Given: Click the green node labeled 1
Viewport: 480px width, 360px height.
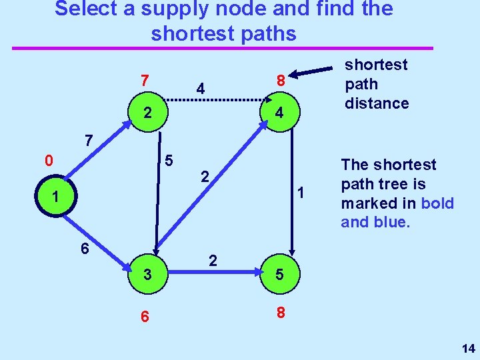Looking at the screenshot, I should click(x=59, y=198).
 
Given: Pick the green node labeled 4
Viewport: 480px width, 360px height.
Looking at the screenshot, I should click(x=281, y=113).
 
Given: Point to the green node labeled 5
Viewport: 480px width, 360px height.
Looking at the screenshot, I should click(x=281, y=273).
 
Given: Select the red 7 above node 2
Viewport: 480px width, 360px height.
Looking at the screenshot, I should click(x=144, y=81).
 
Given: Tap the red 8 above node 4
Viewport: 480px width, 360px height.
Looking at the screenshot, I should click(x=281, y=81).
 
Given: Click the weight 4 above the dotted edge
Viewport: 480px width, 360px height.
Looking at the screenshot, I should click(x=200, y=89).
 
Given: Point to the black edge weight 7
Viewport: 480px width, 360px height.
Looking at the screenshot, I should click(x=88, y=141).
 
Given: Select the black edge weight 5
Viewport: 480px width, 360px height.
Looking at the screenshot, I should click(x=169, y=161).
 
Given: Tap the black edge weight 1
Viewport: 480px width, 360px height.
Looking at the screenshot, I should click(x=301, y=193).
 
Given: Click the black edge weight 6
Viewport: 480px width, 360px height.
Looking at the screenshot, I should click(x=85, y=247).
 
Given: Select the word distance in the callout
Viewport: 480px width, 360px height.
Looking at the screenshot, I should click(x=376, y=103).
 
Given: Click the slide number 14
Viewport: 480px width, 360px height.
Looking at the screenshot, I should click(x=468, y=348).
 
